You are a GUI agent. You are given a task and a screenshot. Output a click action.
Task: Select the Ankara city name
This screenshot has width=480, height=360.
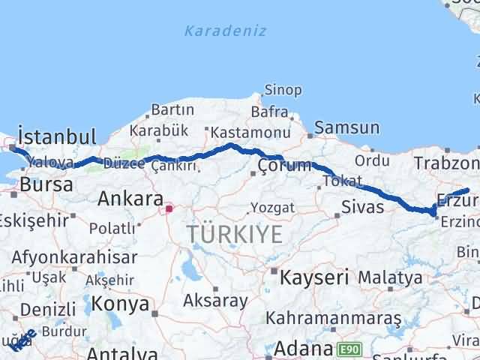130,199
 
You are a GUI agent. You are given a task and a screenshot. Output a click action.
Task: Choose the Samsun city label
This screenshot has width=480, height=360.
346,129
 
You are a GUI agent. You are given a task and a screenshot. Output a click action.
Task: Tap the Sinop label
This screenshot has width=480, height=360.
285,91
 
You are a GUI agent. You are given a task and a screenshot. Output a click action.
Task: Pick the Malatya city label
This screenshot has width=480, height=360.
389,278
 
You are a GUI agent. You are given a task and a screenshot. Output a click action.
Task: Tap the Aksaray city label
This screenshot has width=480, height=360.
215,301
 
